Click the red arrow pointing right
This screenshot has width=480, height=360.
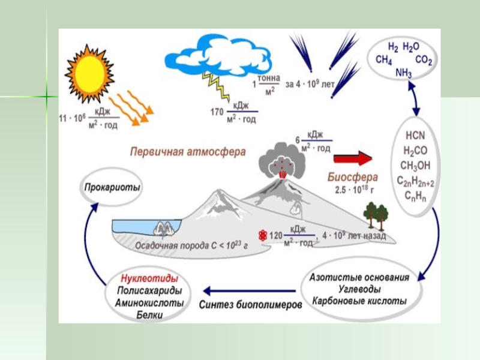pyautogui.click(x=353, y=158)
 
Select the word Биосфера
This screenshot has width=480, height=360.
pyautogui.click(x=353, y=177)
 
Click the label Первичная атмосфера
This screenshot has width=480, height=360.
pyautogui.click(x=188, y=152)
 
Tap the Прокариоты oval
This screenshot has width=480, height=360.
pyautogui.click(x=112, y=188)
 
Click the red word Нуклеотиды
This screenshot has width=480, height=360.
pyautogui.click(x=149, y=280)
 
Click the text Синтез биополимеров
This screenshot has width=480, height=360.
pyautogui.click(x=250, y=304)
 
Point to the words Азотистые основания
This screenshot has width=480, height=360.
pyautogui.click(x=359, y=277)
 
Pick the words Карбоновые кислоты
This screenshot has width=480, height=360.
pyautogui.click(x=359, y=300)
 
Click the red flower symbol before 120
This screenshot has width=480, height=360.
pyautogui.click(x=262, y=235)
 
